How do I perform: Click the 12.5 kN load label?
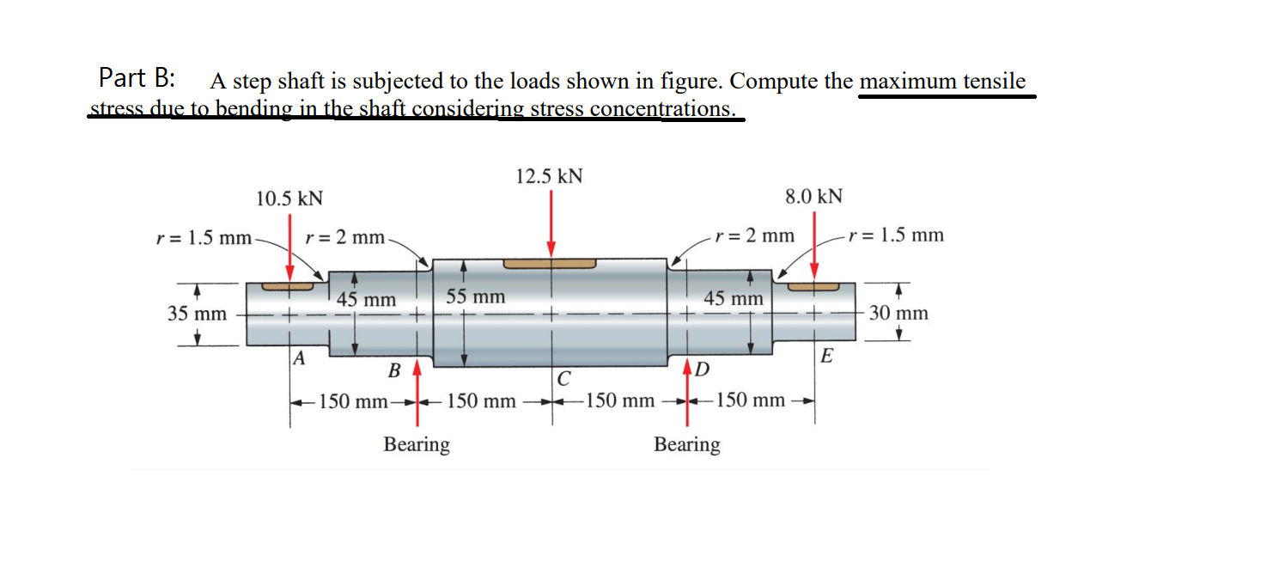(x=550, y=176)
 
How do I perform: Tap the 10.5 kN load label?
(x=290, y=199)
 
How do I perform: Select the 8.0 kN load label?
(x=813, y=196)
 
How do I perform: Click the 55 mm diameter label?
(x=475, y=297)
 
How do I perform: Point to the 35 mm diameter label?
(x=197, y=314)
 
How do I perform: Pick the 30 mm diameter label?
(x=898, y=313)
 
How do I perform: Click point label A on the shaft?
(x=299, y=358)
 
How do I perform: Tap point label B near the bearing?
(x=394, y=371)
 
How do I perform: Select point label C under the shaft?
(x=563, y=377)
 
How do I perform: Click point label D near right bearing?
(x=702, y=371)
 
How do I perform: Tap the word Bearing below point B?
(x=417, y=444)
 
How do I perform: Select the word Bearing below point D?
(x=687, y=444)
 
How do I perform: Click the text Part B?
(x=137, y=78)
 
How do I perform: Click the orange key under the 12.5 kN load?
(x=550, y=262)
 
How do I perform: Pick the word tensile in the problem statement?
(x=991, y=82)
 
